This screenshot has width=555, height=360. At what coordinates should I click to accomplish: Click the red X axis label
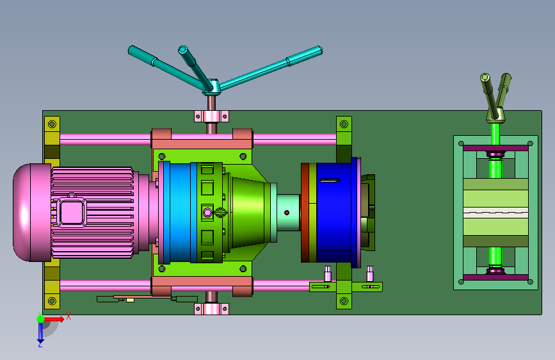(68, 316)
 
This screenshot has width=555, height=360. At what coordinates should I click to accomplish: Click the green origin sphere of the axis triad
(41, 319)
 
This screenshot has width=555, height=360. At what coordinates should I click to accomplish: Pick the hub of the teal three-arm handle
(212, 87)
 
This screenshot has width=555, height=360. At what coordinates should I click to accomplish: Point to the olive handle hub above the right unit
(495, 115)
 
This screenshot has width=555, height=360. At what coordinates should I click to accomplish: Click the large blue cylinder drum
(334, 212)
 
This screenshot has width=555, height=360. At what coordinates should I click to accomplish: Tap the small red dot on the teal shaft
(287, 213)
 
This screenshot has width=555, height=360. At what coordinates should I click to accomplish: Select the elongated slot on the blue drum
(330, 181)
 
